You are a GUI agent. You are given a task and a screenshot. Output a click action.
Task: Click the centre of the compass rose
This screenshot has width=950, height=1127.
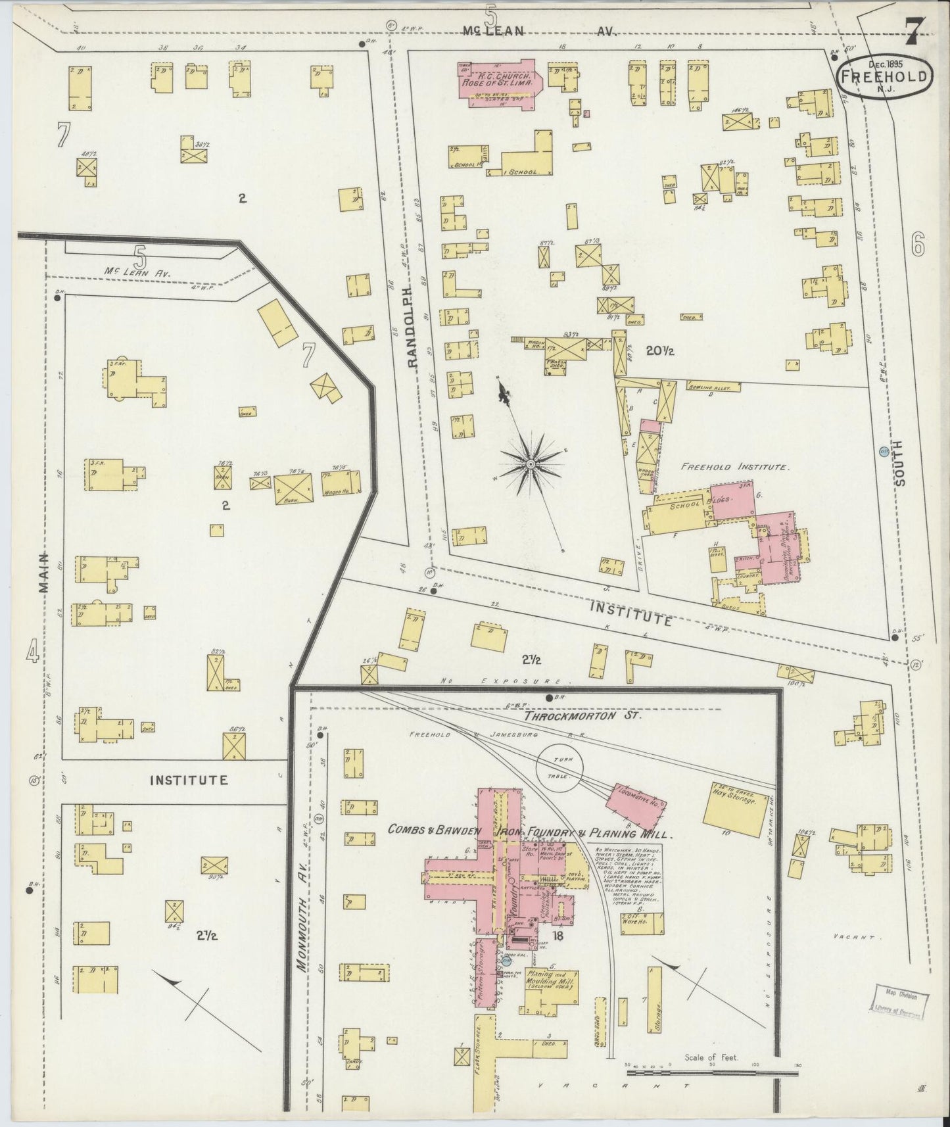tap(529, 464)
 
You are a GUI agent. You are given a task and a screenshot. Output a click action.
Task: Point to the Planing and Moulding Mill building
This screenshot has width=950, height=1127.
tap(550, 986)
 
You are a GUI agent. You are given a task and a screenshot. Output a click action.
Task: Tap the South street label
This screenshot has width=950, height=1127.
tap(899, 462)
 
